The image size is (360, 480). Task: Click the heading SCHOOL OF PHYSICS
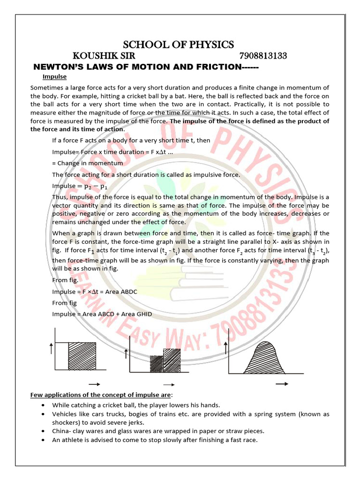(178, 45)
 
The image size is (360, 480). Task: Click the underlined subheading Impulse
(54, 76)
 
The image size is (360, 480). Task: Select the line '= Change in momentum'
(87, 163)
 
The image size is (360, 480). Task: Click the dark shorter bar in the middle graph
(156, 364)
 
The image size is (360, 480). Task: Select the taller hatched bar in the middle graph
(172, 360)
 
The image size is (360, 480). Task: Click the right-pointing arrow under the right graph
(282, 383)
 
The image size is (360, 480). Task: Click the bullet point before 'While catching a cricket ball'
(43, 405)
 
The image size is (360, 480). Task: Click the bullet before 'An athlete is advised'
(43, 440)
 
